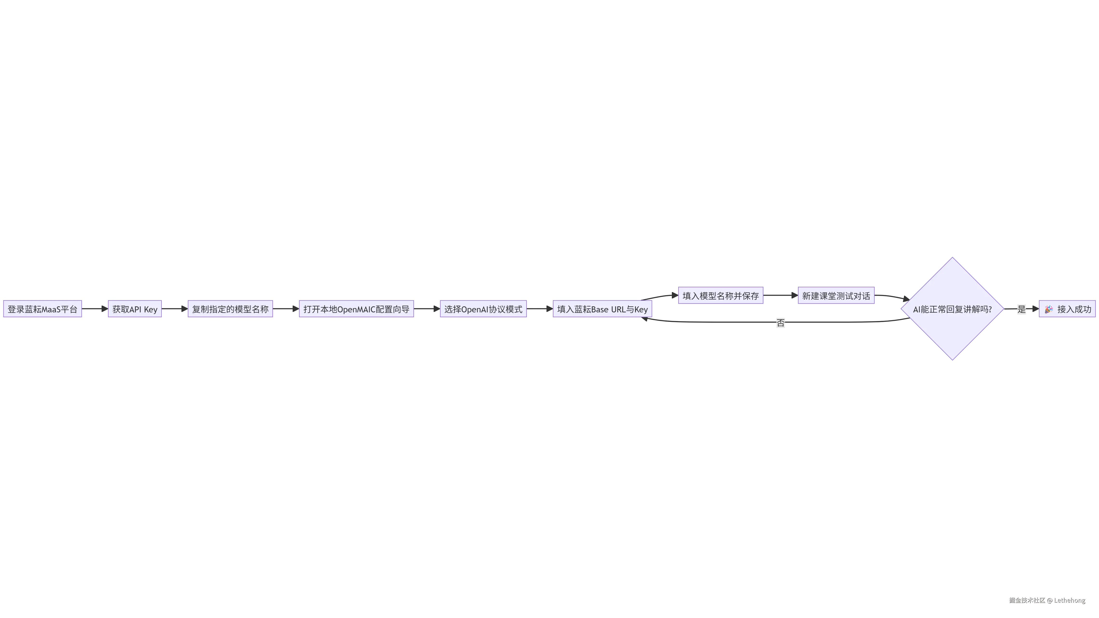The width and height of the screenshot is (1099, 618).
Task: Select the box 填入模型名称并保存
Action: pos(721,295)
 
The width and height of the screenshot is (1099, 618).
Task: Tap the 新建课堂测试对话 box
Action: pos(836,295)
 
